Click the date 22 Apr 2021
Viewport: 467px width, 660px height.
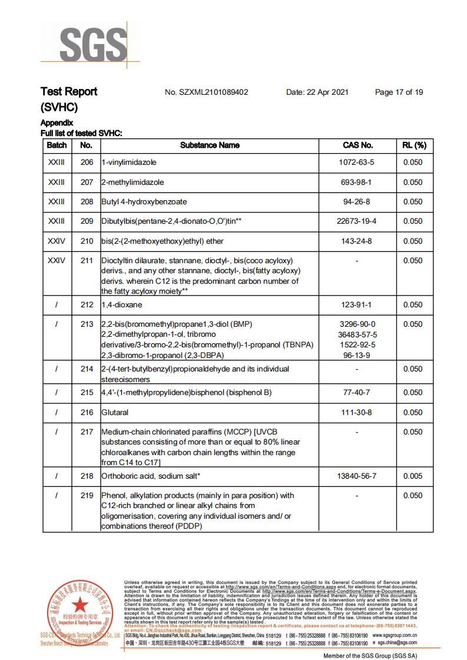[317, 92]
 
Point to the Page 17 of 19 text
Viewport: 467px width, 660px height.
[399, 92]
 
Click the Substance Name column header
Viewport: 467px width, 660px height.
[210, 145]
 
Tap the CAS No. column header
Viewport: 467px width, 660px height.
[357, 145]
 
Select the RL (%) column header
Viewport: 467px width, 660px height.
[413, 145]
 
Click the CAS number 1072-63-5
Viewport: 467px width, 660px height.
[357, 162]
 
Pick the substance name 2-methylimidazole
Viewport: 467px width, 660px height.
[133, 182]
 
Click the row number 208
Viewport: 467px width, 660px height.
[87, 201]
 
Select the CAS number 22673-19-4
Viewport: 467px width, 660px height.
[357, 221]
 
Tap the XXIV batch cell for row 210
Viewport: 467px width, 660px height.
[57, 241]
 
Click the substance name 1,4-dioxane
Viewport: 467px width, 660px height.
[122, 304]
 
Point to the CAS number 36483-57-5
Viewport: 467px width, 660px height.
[357, 334]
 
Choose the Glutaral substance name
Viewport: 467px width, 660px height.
[115, 413]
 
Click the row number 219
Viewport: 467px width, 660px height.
[87, 496]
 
